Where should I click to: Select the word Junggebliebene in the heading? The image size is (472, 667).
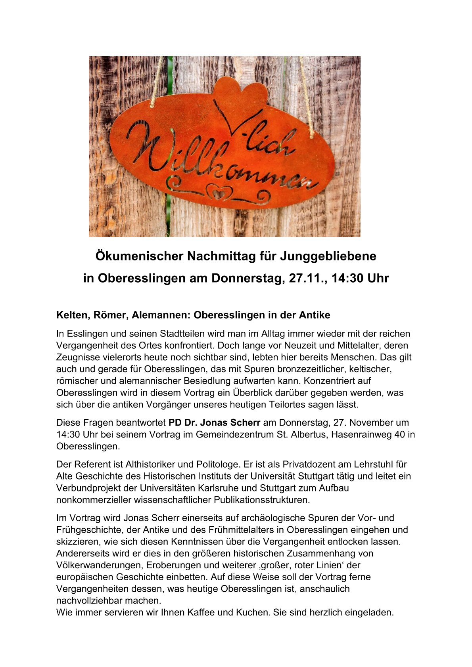point(328,256)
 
